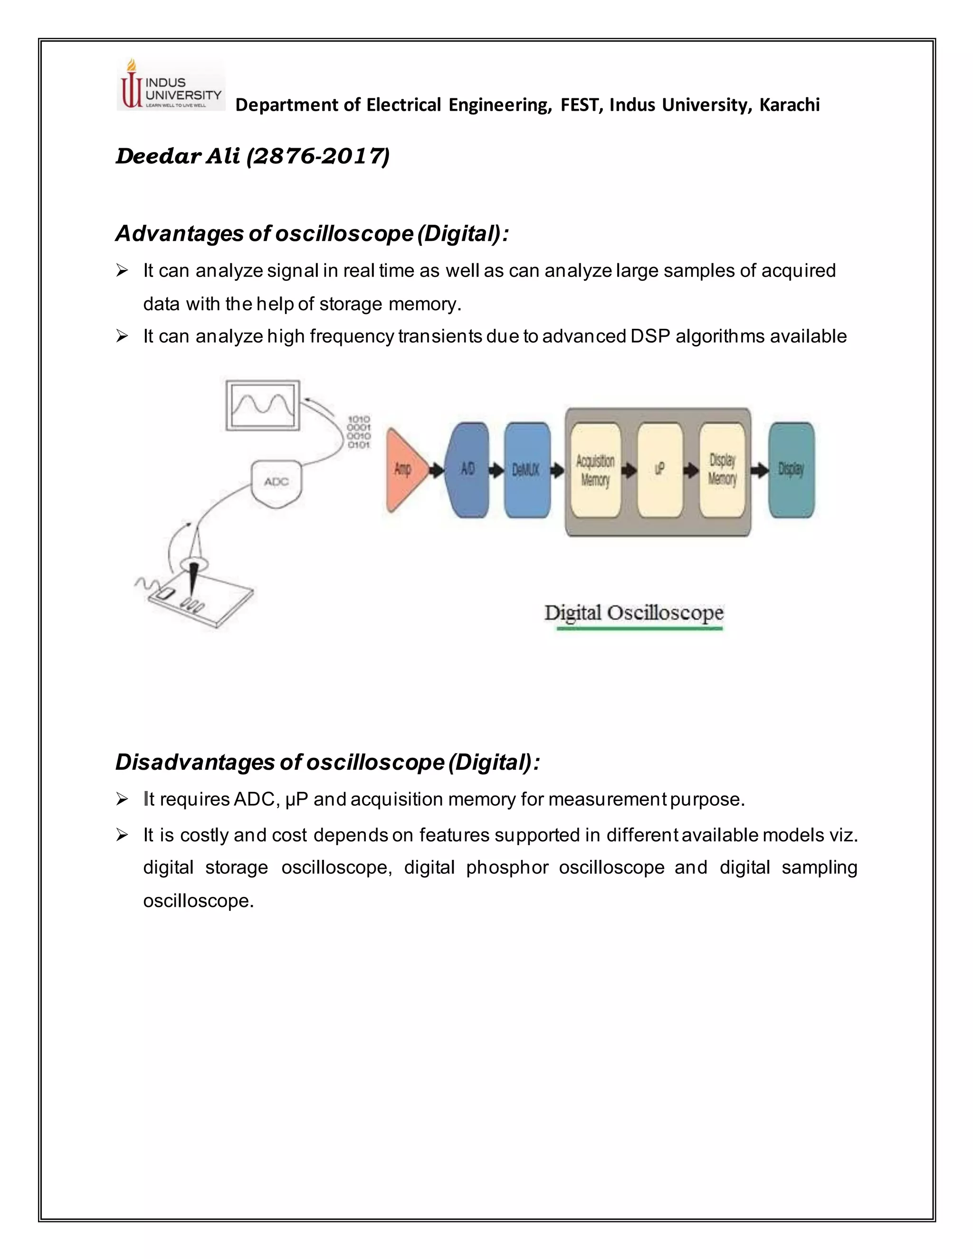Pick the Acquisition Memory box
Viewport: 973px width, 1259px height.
[595, 470]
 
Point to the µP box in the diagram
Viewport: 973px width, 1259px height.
[660, 470]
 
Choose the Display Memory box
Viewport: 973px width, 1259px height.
[722, 470]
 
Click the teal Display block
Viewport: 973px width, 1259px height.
[791, 469]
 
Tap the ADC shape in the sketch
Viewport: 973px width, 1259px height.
[277, 483]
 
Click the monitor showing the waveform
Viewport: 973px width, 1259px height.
[263, 405]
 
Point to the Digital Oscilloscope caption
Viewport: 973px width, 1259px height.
[633, 613]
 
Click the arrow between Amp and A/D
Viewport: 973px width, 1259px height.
[438, 470]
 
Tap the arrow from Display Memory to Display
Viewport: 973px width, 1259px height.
[759, 470]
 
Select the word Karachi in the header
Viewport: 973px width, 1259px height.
[789, 105]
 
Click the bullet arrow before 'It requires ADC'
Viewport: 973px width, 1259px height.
[122, 799]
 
